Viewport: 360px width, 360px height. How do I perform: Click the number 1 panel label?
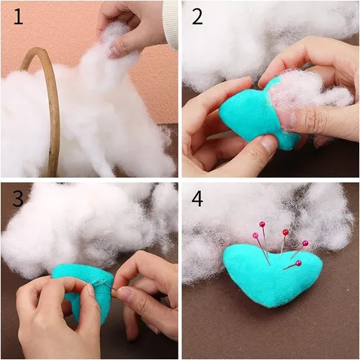pyautogui.click(x=18, y=17)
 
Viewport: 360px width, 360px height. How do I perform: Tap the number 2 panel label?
pyautogui.click(x=197, y=17)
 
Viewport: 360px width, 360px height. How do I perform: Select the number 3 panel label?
pyautogui.click(x=18, y=198)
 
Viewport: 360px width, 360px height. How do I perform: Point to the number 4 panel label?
pyautogui.click(x=197, y=198)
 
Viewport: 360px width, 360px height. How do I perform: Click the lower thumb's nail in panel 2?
pyautogui.click(x=269, y=145)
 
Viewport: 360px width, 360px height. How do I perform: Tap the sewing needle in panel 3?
pyautogui.click(x=103, y=283)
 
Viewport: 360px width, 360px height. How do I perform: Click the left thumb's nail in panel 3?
pyautogui.click(x=91, y=290)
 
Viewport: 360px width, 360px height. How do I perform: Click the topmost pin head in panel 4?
pyautogui.click(x=262, y=225)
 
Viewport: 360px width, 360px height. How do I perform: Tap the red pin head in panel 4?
pyautogui.click(x=285, y=232)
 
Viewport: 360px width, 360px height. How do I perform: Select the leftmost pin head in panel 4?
pyautogui.click(x=256, y=235)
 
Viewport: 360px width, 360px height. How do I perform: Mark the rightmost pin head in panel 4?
pyautogui.click(x=305, y=243)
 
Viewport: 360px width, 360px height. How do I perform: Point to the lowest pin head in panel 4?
pyautogui.click(x=299, y=264)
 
